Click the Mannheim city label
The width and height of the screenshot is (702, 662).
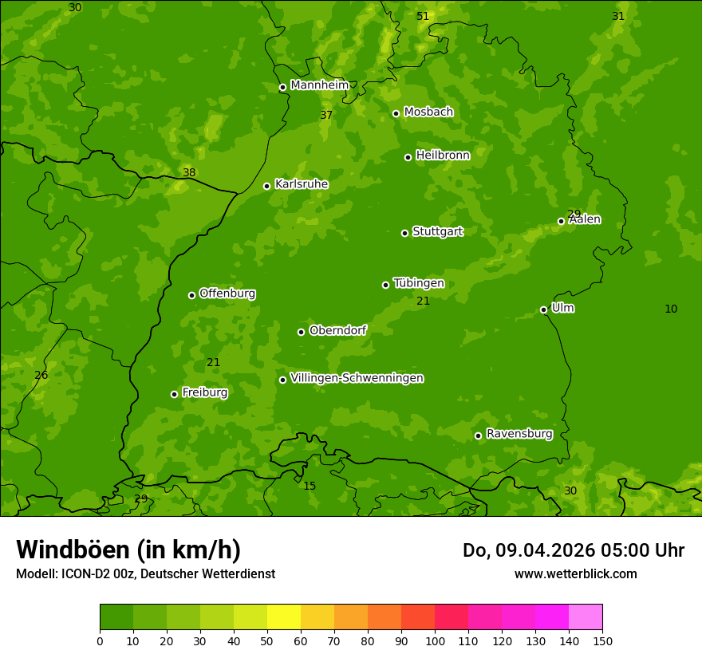319,85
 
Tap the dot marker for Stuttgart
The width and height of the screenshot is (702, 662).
404,233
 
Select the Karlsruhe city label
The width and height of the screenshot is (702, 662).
301,184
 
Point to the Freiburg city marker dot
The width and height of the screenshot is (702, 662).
174,394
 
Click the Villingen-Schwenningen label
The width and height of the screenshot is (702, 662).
357,378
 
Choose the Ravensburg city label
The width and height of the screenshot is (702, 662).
519,434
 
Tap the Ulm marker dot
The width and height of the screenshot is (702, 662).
543,309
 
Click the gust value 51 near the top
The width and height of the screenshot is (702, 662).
423,16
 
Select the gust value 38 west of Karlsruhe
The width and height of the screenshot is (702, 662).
189,172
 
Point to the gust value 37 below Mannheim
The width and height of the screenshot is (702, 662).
326,115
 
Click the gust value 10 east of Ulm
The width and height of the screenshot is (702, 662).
671,309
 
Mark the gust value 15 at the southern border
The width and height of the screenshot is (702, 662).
310,486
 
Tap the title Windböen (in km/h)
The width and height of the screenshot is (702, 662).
128,550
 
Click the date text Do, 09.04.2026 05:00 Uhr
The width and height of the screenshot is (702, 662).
573,550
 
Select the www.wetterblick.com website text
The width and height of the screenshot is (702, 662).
575,573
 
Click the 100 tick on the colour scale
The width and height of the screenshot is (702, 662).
435,640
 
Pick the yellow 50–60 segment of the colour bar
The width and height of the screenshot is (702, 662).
284,617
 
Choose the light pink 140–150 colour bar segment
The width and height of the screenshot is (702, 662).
586,617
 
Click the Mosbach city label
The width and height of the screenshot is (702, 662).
428,112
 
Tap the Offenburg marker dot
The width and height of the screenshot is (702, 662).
191,295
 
